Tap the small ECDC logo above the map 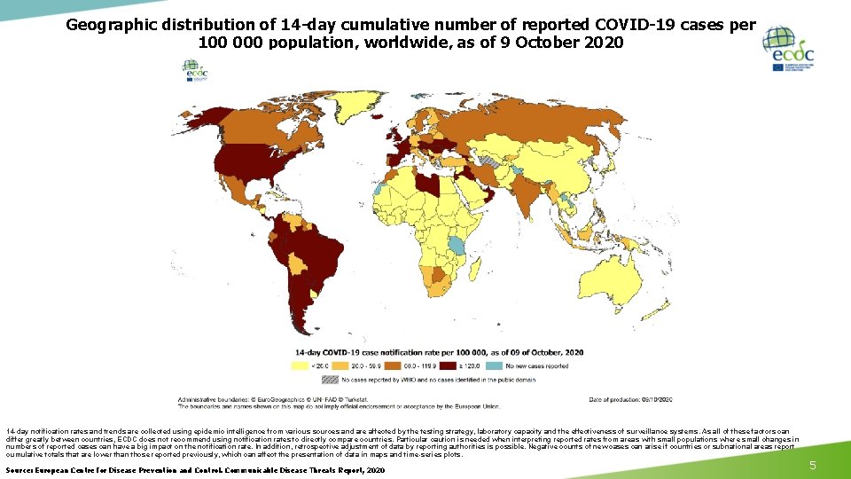pyautogui.click(x=191, y=70)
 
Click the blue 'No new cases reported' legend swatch pyautogui.click(x=499, y=365)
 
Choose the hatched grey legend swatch pyautogui.click(x=329, y=379)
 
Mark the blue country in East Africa pyautogui.click(x=457, y=245)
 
